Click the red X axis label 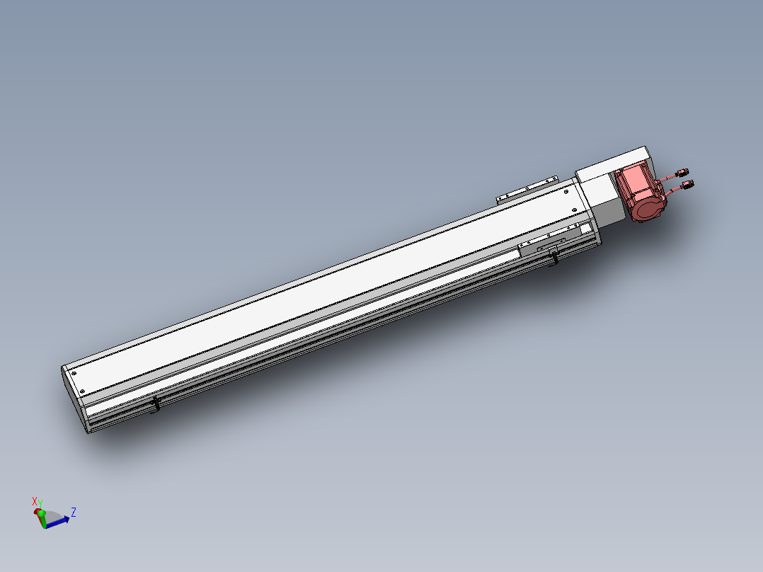coord(35,500)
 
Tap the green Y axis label coord(40,503)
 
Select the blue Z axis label coord(74,512)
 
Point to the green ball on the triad coord(41,513)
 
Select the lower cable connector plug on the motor coord(687,184)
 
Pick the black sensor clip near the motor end coord(553,256)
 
